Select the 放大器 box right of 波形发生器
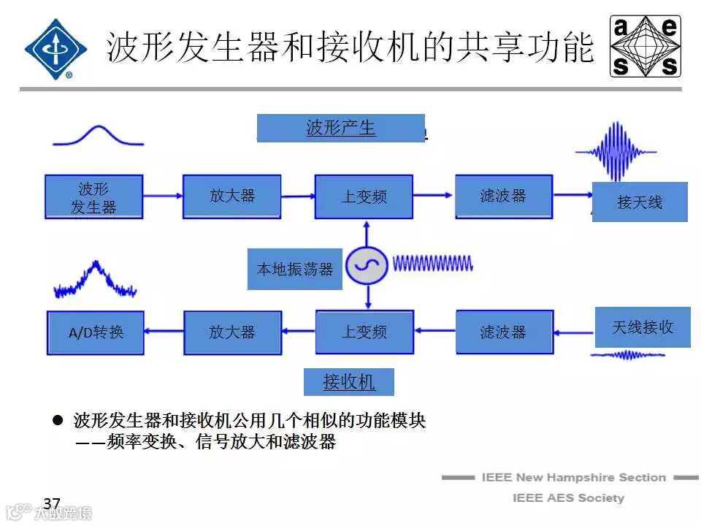[x=231, y=196]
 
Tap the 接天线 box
[x=640, y=202]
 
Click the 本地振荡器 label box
[x=294, y=269]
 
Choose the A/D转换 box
[x=96, y=332]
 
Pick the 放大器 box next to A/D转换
[x=231, y=332]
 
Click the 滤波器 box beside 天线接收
[x=502, y=332]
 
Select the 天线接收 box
[x=642, y=327]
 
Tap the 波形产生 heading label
[x=340, y=128]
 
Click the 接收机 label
[x=349, y=381]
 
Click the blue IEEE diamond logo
[x=55, y=48]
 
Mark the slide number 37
[x=51, y=503]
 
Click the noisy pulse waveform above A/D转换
[x=95, y=281]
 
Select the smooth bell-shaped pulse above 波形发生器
[x=98, y=135]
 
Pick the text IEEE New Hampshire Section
[x=573, y=478]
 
